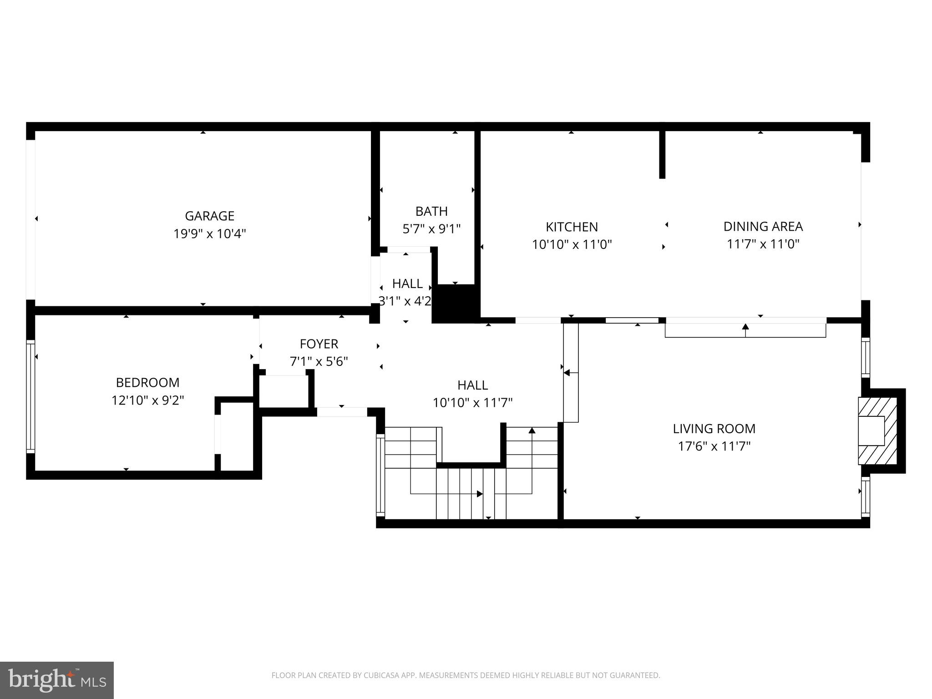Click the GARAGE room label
(209, 216)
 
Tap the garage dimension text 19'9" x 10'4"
(209, 234)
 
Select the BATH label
(431, 211)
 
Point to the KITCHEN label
(572, 227)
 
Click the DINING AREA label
(763, 226)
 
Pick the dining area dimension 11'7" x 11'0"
(763, 244)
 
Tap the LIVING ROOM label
(714, 428)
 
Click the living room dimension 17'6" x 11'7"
(714, 446)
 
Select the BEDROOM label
(147, 382)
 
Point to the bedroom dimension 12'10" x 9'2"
(147, 400)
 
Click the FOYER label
(319, 344)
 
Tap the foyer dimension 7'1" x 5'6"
(319, 362)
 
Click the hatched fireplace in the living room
(877, 431)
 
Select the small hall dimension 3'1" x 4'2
(405, 301)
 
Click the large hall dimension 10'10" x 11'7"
(472, 403)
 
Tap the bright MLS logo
(56, 680)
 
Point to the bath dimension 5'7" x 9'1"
(431, 229)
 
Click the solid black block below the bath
(455, 302)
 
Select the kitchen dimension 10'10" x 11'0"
(572, 245)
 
